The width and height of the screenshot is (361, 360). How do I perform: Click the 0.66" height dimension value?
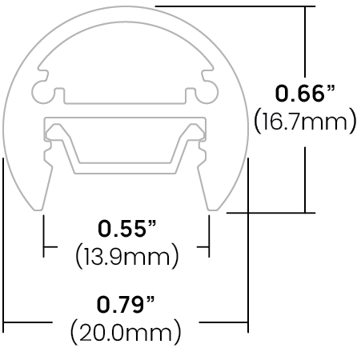(305, 94)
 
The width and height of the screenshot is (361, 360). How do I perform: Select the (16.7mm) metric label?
(305, 122)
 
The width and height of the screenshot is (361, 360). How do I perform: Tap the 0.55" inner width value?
(126, 229)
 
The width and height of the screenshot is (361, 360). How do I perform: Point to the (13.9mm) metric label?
(127, 256)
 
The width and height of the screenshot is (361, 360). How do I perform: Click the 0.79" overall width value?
(126, 304)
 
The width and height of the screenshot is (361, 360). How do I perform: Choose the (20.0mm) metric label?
(126, 331)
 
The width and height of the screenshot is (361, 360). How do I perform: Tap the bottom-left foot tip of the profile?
(38, 210)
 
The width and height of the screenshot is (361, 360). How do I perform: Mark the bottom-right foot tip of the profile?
(213, 210)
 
